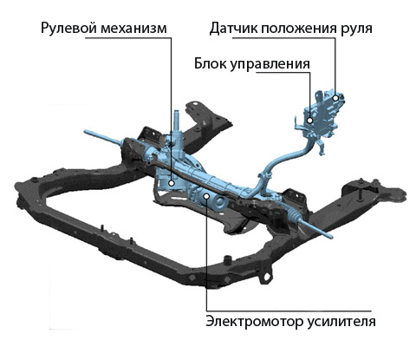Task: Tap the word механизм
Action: (x=134, y=29)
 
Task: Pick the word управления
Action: (x=270, y=64)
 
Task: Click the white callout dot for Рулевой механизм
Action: (x=172, y=183)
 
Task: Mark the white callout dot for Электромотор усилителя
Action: (x=206, y=196)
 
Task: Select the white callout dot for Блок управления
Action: (x=309, y=121)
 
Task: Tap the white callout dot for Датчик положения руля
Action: (x=335, y=98)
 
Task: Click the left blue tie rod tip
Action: (x=86, y=132)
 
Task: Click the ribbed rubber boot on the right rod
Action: (x=295, y=214)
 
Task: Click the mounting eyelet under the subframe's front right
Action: (x=267, y=277)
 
